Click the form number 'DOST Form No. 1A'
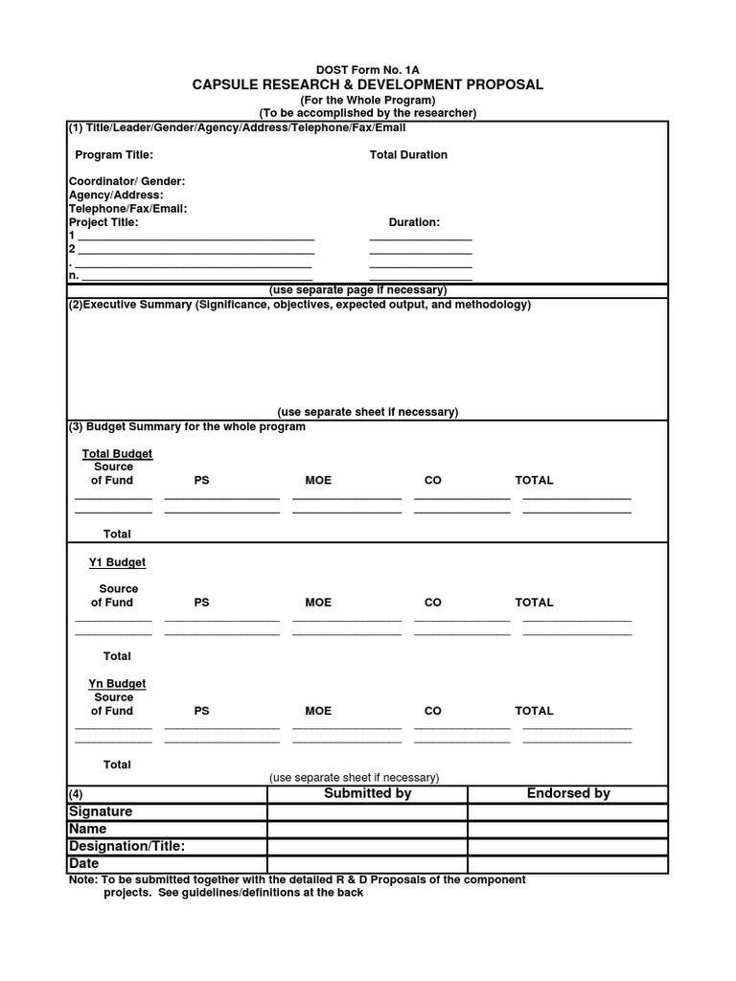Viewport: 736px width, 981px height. point(367,70)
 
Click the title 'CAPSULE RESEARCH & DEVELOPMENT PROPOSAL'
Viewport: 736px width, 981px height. point(368,84)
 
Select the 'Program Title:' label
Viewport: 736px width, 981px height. point(114,155)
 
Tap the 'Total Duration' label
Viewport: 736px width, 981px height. point(408,155)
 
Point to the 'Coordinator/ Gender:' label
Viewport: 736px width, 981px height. point(126,182)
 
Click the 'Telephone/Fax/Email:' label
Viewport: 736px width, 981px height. point(127,209)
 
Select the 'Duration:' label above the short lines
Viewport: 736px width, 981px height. point(414,222)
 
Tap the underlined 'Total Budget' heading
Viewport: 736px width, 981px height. point(117,454)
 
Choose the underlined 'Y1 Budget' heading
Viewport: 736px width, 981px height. point(117,563)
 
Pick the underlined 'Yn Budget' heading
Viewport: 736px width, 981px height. point(117,684)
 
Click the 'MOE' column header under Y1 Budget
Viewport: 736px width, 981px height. point(318,603)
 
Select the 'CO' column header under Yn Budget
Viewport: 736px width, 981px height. point(432,711)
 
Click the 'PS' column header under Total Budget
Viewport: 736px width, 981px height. point(201,481)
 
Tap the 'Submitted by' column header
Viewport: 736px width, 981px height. point(367,793)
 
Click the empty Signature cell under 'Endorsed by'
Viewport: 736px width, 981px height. point(567,812)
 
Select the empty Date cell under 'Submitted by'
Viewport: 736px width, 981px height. point(367,864)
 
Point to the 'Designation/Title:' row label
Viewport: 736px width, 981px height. point(126,847)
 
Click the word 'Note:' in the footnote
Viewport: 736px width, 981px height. point(83,879)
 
